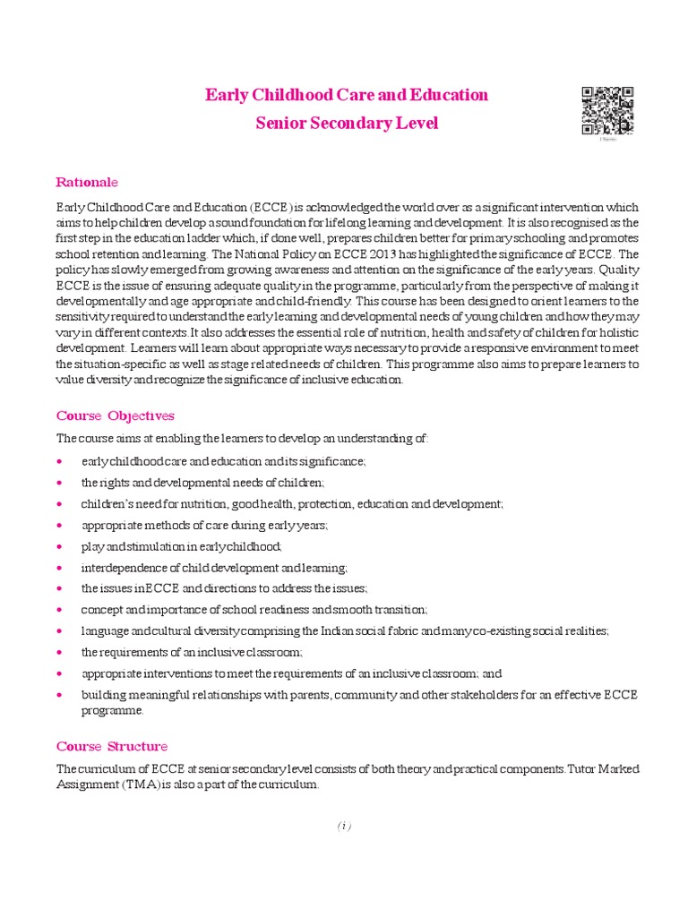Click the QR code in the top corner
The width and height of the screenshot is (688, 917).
608,110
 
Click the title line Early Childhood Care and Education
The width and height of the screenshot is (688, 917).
347,94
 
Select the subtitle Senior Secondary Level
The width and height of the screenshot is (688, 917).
347,124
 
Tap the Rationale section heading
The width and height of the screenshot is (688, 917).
87,182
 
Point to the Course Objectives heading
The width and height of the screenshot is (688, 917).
115,416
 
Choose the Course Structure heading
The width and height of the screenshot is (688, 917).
111,746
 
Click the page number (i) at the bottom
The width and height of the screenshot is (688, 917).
344,826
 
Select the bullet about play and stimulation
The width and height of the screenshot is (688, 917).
181,546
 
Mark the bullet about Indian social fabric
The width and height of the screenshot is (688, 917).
345,630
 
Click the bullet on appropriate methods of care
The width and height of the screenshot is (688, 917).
204,525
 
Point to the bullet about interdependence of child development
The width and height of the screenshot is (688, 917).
214,568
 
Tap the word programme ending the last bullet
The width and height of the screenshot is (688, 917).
113,710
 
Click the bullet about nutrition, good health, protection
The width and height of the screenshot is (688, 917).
292,504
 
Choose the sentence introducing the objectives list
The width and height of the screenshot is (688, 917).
243,439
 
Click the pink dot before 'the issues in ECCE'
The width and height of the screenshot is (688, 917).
59,588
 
